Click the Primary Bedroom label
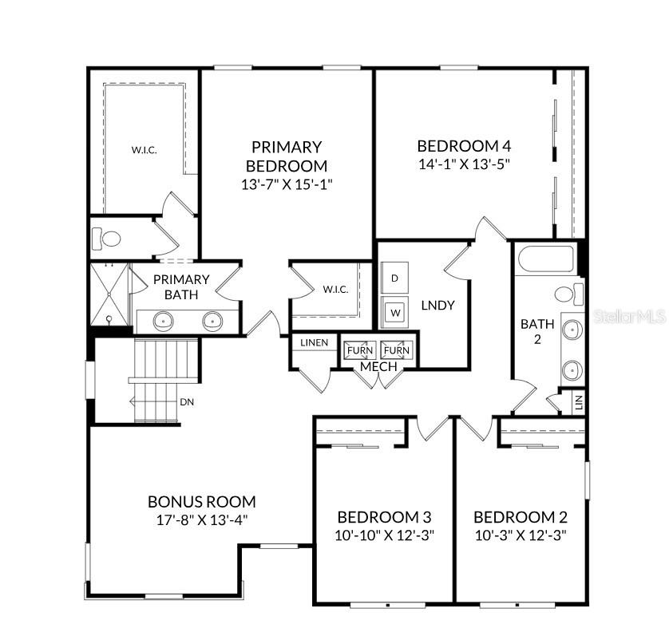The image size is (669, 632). click(286, 156)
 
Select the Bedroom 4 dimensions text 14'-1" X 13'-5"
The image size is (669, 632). click(464, 164)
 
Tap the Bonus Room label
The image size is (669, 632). click(201, 502)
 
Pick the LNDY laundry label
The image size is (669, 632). click(437, 305)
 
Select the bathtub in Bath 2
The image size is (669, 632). click(546, 259)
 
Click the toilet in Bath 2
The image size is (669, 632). click(568, 294)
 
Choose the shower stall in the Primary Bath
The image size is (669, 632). click(109, 294)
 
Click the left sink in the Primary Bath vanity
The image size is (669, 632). click(163, 322)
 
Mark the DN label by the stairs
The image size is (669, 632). click(187, 402)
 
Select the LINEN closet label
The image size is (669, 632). click(314, 342)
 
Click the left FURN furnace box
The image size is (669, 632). click(359, 350)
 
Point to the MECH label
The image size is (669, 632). click(378, 366)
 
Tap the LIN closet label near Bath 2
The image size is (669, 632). click(579, 401)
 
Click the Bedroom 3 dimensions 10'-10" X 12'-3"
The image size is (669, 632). click(385, 535)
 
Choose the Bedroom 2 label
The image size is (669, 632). click(521, 516)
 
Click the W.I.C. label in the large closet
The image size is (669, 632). click(144, 149)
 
